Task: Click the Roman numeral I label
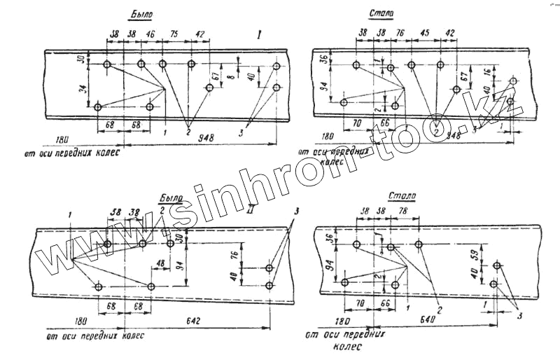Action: pyautogui.click(x=260, y=34)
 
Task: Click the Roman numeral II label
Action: pyautogui.click(x=251, y=207)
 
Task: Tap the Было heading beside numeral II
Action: pyautogui.click(x=171, y=199)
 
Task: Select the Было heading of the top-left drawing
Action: pyautogui.click(x=141, y=13)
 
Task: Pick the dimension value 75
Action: pyautogui.click(x=176, y=33)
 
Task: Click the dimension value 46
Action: pyautogui.click(x=151, y=33)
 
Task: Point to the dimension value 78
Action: pyautogui.click(x=403, y=211)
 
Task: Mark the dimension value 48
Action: pyautogui.click(x=160, y=264)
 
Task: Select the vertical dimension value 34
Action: pyautogui.click(x=83, y=89)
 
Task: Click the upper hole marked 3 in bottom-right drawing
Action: pyautogui.click(x=498, y=266)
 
